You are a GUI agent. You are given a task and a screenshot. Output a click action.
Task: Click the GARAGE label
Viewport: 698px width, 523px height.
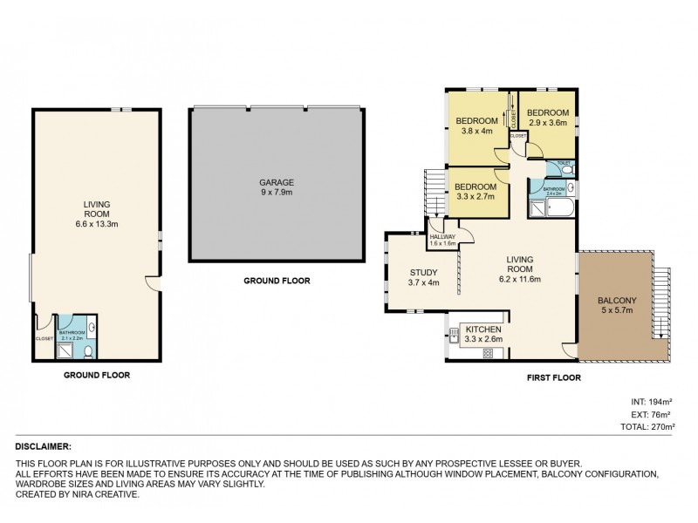pyautogui.click(x=276, y=182)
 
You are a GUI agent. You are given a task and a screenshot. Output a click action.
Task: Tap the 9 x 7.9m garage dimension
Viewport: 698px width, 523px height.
pyautogui.click(x=276, y=193)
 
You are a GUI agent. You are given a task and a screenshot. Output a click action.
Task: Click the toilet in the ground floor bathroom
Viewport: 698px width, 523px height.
pyautogui.click(x=88, y=351)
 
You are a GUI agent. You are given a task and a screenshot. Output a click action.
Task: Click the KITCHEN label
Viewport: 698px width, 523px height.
pyautogui.click(x=482, y=329)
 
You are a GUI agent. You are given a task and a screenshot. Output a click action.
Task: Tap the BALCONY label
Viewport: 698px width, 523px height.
pyautogui.click(x=616, y=299)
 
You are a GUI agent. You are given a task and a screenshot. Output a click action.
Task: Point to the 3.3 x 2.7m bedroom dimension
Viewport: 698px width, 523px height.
pyautogui.click(x=476, y=197)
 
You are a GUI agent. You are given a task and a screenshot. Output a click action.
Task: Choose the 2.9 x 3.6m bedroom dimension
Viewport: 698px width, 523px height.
pyautogui.click(x=548, y=123)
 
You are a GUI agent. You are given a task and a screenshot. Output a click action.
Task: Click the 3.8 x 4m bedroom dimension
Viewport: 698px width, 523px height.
pyautogui.click(x=476, y=131)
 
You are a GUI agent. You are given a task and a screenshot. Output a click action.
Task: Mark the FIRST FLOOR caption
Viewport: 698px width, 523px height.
pyautogui.click(x=554, y=377)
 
